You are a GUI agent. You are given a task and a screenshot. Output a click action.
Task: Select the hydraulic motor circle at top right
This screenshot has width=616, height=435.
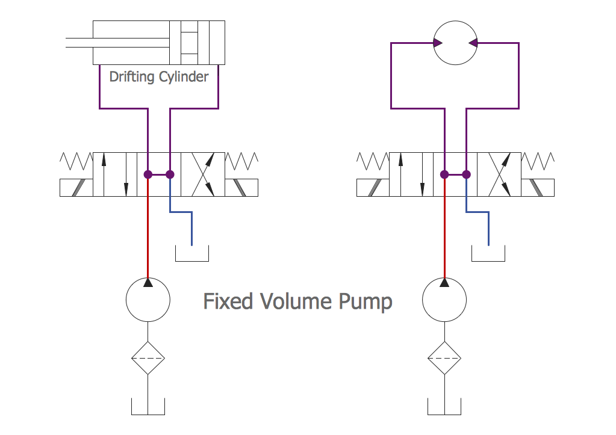point(455,43)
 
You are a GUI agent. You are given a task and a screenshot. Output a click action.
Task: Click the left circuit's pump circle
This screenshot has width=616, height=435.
point(148,300)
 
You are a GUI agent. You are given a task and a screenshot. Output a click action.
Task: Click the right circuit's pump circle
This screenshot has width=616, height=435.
point(444,300)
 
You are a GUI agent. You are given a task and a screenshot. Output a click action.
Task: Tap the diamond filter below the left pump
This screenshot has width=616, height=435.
point(148,358)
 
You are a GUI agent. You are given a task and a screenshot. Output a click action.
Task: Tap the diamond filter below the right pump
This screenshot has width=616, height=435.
point(444,358)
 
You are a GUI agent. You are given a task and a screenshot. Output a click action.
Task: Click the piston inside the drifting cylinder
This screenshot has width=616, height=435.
point(189,43)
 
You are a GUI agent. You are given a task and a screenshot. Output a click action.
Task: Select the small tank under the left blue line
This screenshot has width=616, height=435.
point(191,255)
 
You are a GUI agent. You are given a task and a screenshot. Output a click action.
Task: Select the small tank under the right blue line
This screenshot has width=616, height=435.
point(488,255)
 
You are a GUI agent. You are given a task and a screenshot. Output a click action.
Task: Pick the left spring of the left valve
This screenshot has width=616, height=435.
point(76,161)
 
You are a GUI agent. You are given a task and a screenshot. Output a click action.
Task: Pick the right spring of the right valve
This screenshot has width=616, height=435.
point(538,161)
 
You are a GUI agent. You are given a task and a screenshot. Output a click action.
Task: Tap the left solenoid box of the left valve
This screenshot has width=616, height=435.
point(76,188)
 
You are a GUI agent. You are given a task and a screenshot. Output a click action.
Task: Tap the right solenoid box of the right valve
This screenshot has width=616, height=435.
point(538,188)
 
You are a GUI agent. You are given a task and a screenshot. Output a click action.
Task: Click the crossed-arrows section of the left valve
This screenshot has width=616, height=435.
point(203,174)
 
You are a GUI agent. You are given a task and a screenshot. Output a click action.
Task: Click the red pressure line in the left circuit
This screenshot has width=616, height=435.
point(148,229)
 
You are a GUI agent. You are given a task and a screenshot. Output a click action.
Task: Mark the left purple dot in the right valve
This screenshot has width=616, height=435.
point(444,174)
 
